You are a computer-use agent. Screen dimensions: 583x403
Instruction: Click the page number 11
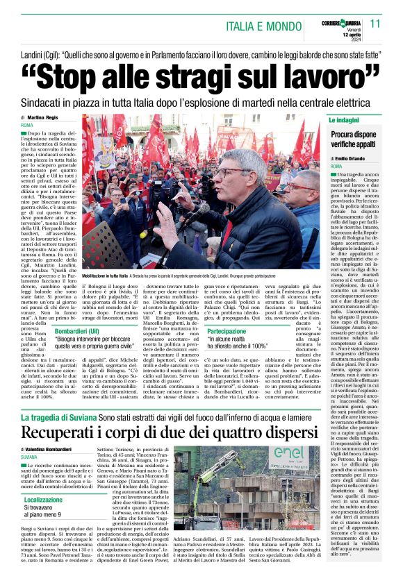click(x=375, y=23)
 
